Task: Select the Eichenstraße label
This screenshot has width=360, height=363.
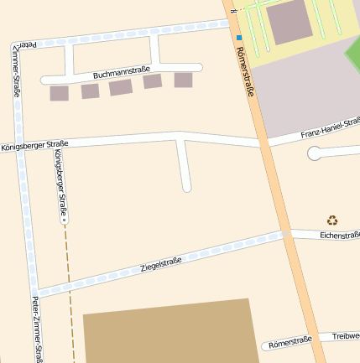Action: coord(339,236)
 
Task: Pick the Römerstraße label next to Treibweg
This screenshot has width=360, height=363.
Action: coord(290,340)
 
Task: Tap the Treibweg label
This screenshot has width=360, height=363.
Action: coord(345,336)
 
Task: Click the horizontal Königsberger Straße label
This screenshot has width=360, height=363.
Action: coord(34,144)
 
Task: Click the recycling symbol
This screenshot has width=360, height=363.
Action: coord(332,220)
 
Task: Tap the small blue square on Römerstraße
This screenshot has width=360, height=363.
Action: coord(238,37)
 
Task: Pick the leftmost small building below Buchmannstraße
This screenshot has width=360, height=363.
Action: coord(59,93)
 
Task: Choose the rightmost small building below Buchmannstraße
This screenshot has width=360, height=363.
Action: coord(183,80)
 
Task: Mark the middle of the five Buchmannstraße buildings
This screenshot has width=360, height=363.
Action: coord(121,87)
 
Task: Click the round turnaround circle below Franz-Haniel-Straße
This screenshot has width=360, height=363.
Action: coord(315,153)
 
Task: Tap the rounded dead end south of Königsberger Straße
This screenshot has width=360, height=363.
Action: coord(186,186)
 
